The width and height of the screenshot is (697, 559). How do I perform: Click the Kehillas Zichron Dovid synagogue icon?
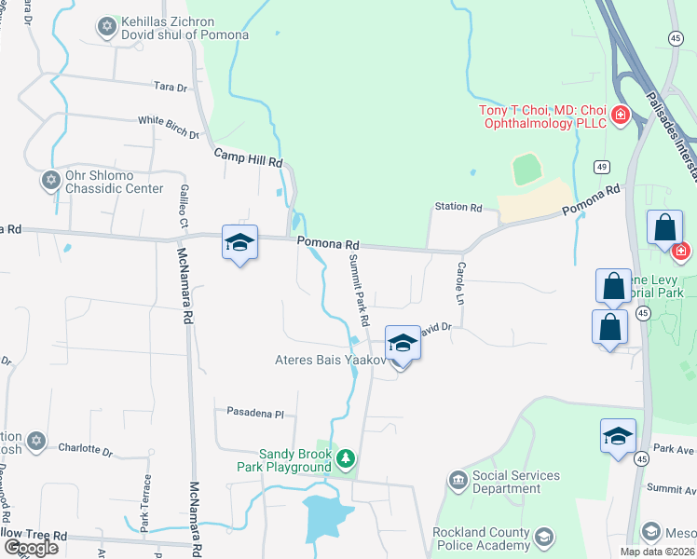click(x=106, y=27)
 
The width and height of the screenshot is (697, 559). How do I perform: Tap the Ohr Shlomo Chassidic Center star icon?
click(x=49, y=177)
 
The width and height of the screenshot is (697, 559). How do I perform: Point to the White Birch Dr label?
click(x=169, y=127)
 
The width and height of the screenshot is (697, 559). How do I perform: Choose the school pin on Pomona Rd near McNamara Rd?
click(x=239, y=243)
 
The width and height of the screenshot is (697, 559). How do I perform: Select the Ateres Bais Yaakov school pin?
click(x=403, y=344)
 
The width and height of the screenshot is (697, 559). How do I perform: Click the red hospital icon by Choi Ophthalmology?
click(x=620, y=116)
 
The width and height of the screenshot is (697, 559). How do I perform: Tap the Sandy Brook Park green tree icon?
click(x=346, y=458)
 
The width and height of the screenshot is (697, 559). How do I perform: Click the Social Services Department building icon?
click(x=458, y=481)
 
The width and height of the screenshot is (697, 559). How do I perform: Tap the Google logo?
click(x=31, y=547)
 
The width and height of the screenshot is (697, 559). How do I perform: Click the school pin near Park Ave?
click(x=619, y=436)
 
